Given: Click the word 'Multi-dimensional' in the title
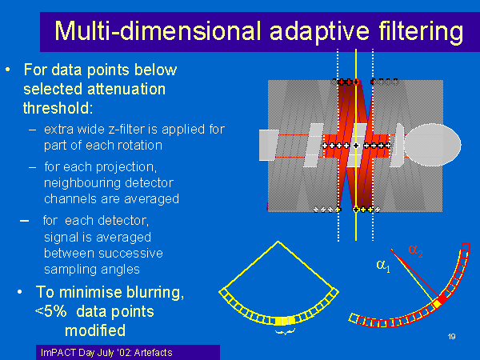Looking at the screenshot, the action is (x=158, y=31).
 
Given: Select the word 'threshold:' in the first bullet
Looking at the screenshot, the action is (x=58, y=108).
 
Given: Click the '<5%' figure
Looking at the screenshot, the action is (x=51, y=311).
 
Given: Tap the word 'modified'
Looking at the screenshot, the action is (x=95, y=330).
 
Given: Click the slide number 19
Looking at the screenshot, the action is (x=451, y=337).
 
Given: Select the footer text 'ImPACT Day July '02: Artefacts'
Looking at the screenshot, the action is (x=106, y=352).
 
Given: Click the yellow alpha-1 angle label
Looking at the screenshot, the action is (x=383, y=265).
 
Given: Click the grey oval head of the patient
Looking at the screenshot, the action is (x=433, y=145).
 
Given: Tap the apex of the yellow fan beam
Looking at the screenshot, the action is (x=278, y=242).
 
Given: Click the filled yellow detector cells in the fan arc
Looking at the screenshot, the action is (x=284, y=321).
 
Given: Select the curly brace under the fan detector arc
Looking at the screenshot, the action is (x=285, y=331).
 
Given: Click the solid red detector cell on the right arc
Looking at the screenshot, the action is (x=442, y=299).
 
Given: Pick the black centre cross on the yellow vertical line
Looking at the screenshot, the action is (x=356, y=146).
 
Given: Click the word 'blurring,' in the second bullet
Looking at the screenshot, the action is (x=155, y=293).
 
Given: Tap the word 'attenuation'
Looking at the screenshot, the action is (x=126, y=89).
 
